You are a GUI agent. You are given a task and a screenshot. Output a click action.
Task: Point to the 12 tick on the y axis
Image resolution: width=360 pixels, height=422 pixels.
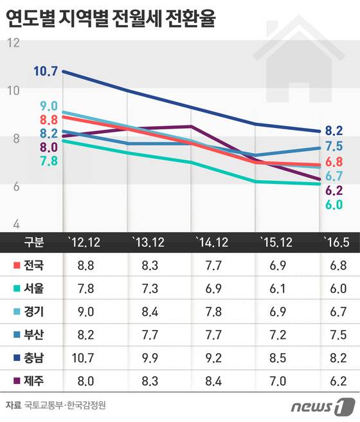[x=15, y=43]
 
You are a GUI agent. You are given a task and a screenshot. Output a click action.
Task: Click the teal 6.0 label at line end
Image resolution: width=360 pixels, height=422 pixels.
[x=333, y=205]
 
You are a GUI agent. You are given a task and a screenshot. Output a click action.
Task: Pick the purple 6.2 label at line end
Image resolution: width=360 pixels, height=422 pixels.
[x=333, y=190]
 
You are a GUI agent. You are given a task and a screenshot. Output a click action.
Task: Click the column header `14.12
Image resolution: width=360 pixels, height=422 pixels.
[x=212, y=242]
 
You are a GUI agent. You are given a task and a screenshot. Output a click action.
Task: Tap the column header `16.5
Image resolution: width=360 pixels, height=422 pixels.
[x=337, y=242]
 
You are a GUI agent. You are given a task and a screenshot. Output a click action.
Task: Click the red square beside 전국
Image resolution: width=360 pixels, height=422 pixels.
[x=17, y=265]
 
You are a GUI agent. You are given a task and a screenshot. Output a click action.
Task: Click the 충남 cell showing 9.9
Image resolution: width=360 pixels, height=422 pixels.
[x=148, y=357]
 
